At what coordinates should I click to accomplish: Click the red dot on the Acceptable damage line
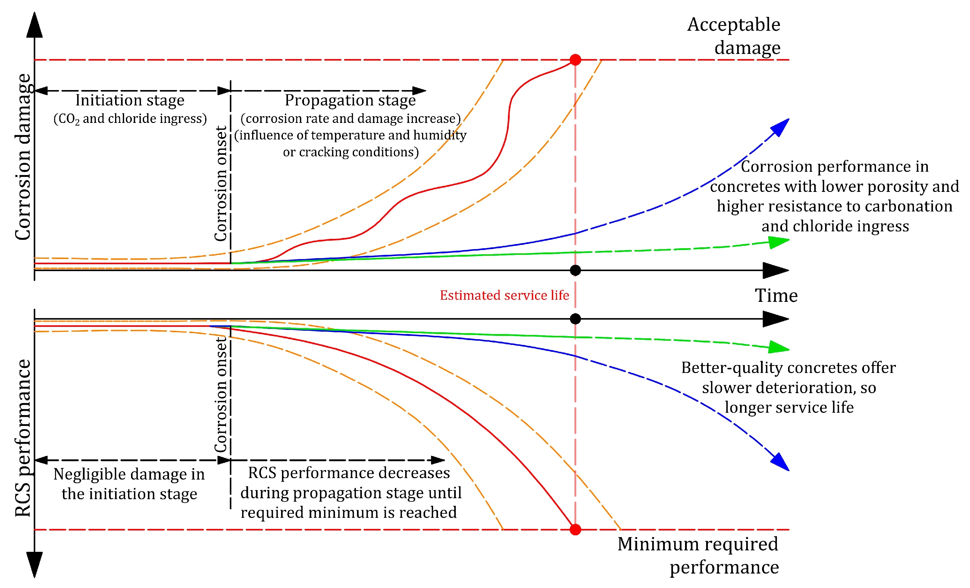pos(575,60)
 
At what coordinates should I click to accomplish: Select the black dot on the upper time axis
pos(575,271)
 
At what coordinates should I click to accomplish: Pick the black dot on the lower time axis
pos(575,319)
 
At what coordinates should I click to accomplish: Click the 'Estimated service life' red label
pos(504,295)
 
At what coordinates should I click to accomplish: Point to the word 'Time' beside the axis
pos(776,296)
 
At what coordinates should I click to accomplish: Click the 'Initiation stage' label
pos(130,100)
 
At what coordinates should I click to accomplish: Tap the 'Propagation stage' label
pos(350,100)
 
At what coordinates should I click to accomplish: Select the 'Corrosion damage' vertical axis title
pos(23,157)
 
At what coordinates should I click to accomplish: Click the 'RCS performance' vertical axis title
pos(23,438)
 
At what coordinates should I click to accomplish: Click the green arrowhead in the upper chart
pos(778,242)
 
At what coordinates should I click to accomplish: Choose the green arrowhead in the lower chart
pos(778,347)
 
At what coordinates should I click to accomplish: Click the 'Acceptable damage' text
pos(734,36)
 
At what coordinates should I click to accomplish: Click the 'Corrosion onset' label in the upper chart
pos(221,183)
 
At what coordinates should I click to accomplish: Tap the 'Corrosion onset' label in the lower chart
pos(221,395)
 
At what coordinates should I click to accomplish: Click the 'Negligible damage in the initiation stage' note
pos(129,484)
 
